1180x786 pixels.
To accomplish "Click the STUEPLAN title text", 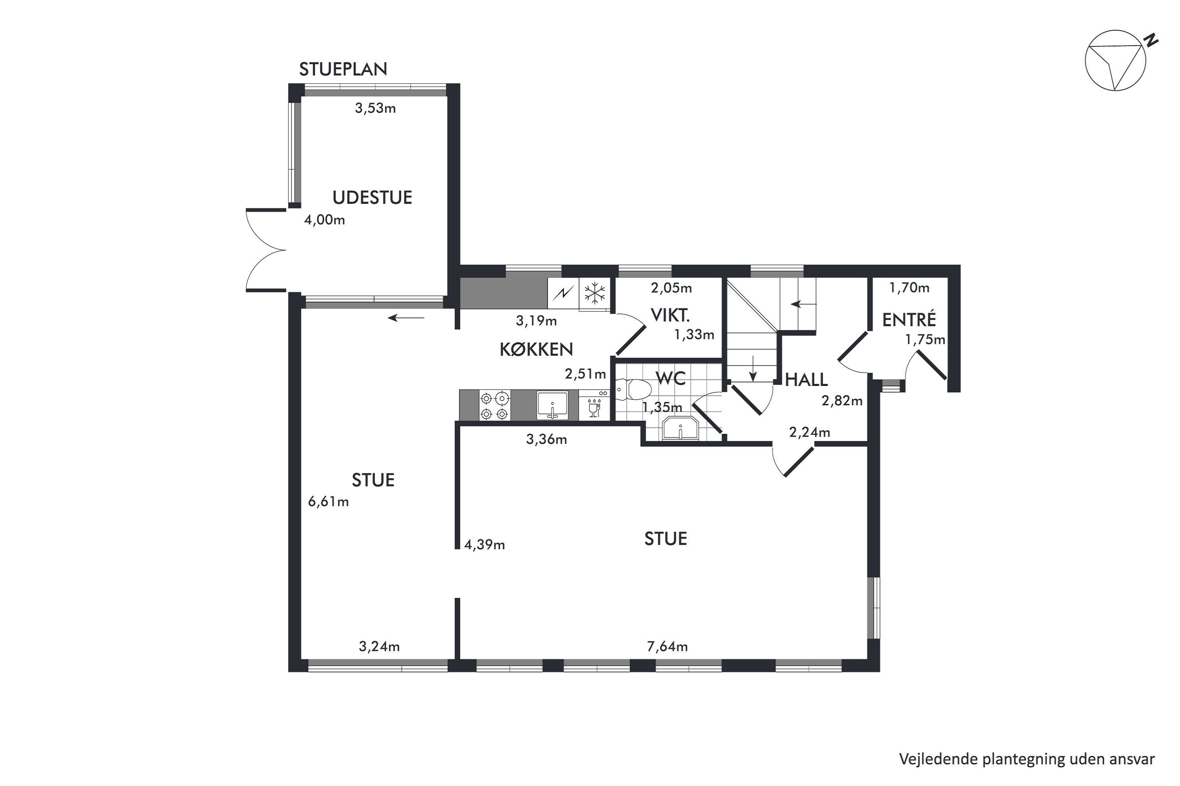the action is pos(343,69).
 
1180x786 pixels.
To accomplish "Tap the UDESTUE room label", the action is pos(372,198).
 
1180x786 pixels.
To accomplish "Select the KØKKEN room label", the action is pos(537,349).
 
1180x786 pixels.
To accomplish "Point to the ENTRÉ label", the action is pos(909,319).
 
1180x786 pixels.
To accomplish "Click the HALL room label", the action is pos(806,380).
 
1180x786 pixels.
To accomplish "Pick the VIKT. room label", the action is pos(670,315).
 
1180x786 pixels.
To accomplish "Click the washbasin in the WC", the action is pos(680,428).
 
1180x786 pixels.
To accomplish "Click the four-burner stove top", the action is pos(495,406).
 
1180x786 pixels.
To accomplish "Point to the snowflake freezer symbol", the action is pos(594,293).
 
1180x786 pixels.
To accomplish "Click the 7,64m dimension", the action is pos(667,646).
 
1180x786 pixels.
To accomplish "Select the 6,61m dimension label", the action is pos(328,502).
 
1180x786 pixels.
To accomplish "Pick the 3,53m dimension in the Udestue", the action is pos(375,108).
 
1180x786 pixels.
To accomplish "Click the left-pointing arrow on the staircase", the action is pos(804,304).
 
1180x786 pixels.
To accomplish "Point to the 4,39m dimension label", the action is pos(485,545).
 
